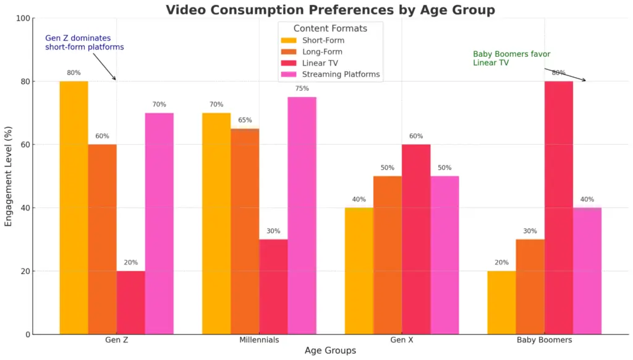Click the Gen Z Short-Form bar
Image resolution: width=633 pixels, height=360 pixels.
[74, 208]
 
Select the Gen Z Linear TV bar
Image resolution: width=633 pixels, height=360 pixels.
[130, 302]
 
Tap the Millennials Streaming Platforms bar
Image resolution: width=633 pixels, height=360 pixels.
[302, 215]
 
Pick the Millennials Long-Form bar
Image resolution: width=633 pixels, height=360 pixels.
[245, 231]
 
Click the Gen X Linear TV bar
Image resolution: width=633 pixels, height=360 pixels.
[416, 239]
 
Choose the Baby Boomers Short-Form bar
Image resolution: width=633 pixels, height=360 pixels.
[501, 302]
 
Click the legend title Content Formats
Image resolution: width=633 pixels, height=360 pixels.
[330, 28]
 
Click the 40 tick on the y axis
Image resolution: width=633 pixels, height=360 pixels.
[25, 208]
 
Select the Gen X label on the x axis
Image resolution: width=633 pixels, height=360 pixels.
[402, 340]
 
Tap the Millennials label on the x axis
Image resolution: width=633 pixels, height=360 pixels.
[259, 340]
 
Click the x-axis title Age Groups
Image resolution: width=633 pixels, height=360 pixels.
[330, 351]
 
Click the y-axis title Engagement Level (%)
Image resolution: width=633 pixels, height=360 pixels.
[9, 176]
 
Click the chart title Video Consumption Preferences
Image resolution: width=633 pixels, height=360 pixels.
[330, 9]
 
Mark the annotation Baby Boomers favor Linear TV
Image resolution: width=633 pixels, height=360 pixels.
[511, 58]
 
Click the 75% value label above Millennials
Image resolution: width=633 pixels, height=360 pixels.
[302, 88]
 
